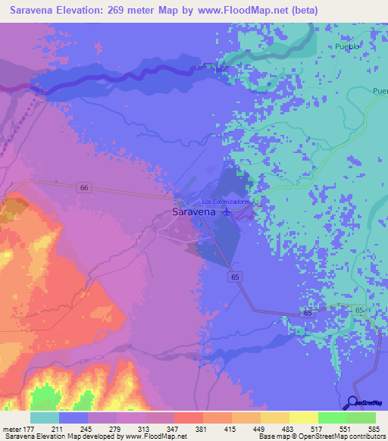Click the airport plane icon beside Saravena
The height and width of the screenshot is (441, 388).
224,213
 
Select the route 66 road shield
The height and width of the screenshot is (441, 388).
83,187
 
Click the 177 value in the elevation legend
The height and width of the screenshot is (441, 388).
30,429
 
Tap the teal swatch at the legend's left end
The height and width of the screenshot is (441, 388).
45,418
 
